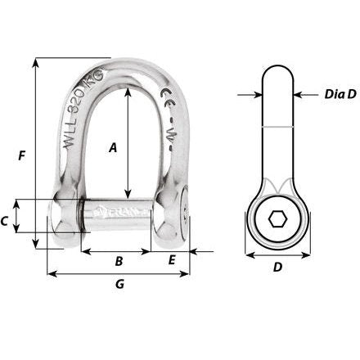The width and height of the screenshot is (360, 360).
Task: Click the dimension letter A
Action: pos(114,147)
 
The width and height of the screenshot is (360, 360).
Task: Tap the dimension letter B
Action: pos(119,262)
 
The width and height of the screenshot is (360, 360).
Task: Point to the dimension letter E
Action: pos(172,261)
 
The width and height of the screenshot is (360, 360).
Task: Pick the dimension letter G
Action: pos(119,284)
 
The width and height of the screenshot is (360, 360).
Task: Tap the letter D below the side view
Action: pos(277,267)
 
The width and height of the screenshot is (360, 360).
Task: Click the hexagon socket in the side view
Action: pos(277,218)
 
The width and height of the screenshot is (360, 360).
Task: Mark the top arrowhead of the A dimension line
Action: pos(127,90)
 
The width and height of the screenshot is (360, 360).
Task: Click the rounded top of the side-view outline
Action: pos(277,68)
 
